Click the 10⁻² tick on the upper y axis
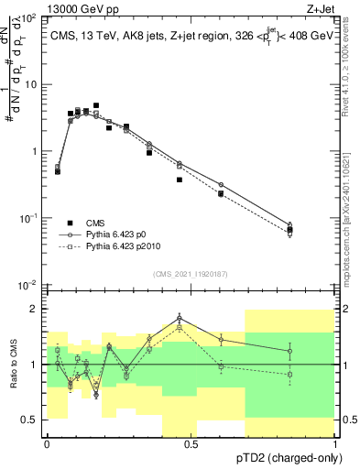pyautogui.click(x=27, y=285)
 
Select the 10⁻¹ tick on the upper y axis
pyautogui.click(x=27, y=218)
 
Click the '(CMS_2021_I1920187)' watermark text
pyautogui.click(x=191, y=273)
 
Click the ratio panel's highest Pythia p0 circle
pyautogui.click(x=180, y=318)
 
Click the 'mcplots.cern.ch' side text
pyautogui.click(x=352, y=229)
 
